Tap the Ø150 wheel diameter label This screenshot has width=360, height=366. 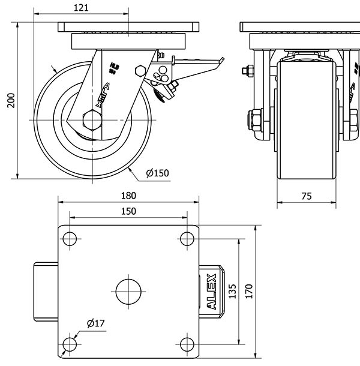pos(158,173)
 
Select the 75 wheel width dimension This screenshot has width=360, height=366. pos(305,196)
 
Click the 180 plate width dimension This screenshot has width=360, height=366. pos(128,196)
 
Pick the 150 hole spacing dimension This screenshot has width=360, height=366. pos(128,211)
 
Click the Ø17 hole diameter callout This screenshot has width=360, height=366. pos(96,323)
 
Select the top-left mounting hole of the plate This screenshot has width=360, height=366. pos(70,238)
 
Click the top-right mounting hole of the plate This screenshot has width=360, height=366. pos(187,238)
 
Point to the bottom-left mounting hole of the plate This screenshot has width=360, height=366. pos(70,344)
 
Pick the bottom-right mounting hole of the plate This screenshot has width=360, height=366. pos(187,344)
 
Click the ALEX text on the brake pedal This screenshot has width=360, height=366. pos(211,292)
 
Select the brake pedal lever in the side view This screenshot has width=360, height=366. pos(198,62)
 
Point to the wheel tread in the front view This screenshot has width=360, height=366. pos(306,120)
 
